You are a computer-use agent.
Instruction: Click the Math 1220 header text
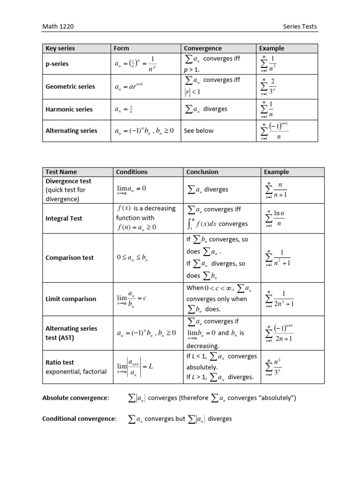pos(58,26)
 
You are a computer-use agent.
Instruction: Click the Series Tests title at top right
pos(300,26)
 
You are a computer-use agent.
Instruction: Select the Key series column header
pos(60,48)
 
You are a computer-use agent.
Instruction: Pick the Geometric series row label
pos(70,86)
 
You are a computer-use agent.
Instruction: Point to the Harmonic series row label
pos(69,109)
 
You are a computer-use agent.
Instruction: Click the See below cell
pos(198,131)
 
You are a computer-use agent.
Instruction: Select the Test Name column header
pos(61,172)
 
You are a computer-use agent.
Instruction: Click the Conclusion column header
pos(202,172)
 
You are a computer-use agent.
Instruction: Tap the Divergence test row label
pos(68,181)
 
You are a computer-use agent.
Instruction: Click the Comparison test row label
pos(69,257)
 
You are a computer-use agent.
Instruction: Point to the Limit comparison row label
pos(70,299)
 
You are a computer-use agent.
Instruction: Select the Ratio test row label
pos(60,362)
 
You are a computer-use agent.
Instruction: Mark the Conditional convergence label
pos(79,419)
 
